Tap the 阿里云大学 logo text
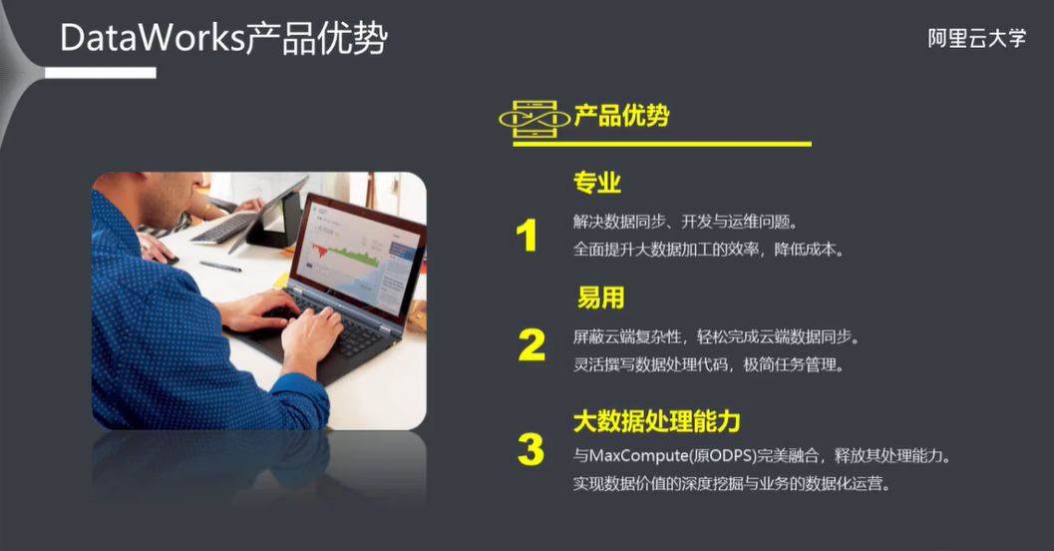pos(976,39)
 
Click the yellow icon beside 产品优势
pos(533,118)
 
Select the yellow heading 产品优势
pos(621,117)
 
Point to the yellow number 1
pos(527,237)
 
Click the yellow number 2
pos(531,345)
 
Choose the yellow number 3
pos(530,450)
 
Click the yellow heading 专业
pos(597,183)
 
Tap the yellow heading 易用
pos(600,297)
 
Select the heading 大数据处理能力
pos(656,420)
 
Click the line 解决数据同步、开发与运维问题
pos(685,221)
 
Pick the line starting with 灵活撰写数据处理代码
pos(708,364)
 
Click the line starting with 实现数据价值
pos(730,484)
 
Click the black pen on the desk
pos(220,267)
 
